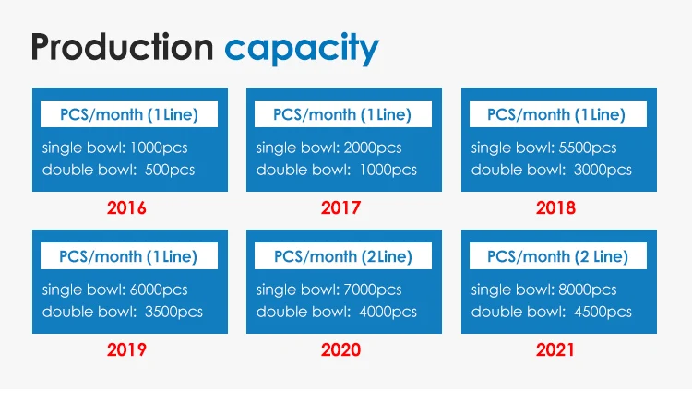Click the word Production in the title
tap(122, 47)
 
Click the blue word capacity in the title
tap(302, 50)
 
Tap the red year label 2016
tap(126, 207)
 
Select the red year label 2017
tap(340, 207)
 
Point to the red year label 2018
tap(555, 207)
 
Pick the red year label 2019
tap(126, 349)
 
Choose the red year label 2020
tap(340, 349)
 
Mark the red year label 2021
tap(555, 349)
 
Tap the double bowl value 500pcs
tap(170, 170)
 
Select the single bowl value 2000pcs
tap(373, 148)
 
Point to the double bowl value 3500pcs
tap(173, 312)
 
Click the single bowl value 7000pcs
tap(373, 290)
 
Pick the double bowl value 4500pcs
tap(603, 312)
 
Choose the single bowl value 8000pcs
tap(588, 290)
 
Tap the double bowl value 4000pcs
tap(388, 312)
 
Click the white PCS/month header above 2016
tap(129, 114)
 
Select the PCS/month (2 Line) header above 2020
tap(343, 256)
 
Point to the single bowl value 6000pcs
tap(159, 290)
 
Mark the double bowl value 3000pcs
tap(603, 170)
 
